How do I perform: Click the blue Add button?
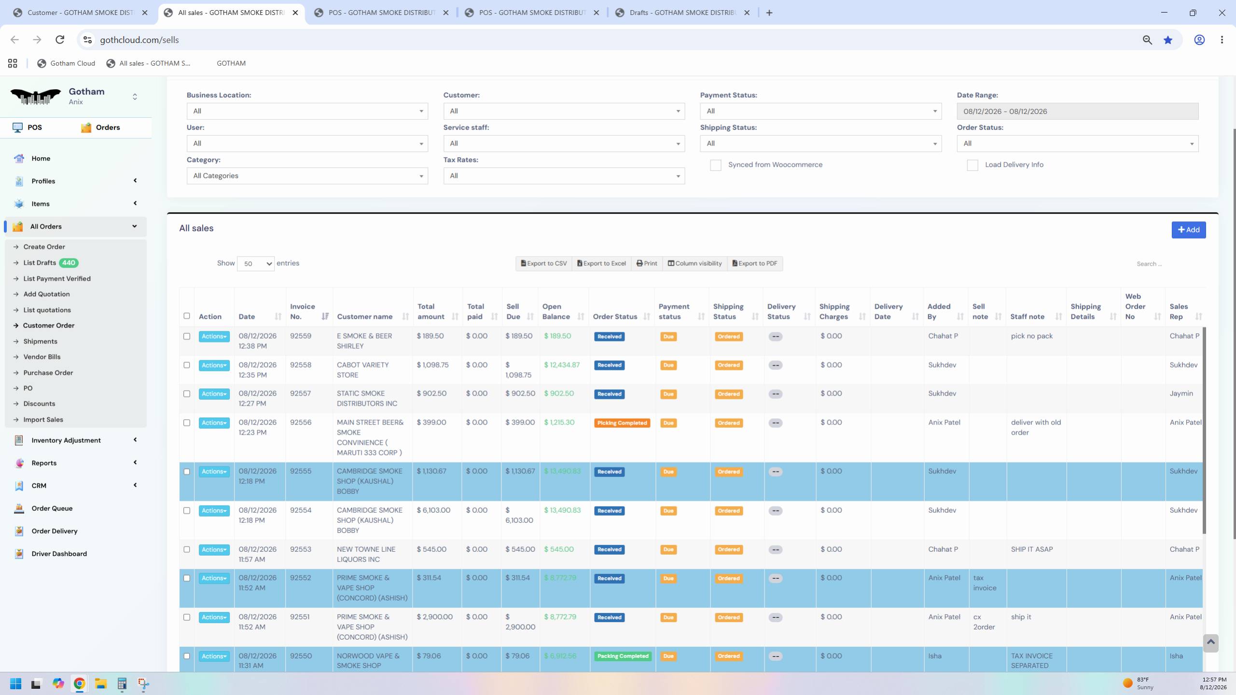[1188, 230]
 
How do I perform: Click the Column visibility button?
[694, 263]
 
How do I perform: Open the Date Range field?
[1077, 111]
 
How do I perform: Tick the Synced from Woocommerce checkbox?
[715, 165]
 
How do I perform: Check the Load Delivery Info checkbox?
[972, 165]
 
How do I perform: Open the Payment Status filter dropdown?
[820, 111]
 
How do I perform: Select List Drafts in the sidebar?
[40, 263]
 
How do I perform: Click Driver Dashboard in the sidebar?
[59, 554]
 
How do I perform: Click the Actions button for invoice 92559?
[214, 336]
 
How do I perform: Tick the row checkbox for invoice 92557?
[187, 394]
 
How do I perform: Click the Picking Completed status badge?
[622, 423]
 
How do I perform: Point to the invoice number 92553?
[301, 549]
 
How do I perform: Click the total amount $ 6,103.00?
[433, 510]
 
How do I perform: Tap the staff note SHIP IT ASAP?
[1032, 549]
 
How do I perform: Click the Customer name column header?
[364, 316]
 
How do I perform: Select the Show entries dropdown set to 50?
[255, 264]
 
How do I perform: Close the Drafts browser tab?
[747, 13]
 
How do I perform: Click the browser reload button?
[60, 40]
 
